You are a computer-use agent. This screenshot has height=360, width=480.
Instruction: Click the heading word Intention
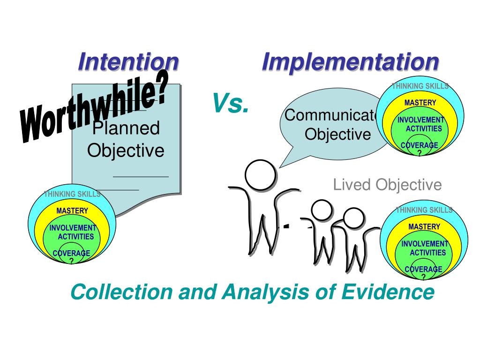[x=128, y=62]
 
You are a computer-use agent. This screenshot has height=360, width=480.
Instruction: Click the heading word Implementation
[x=350, y=62]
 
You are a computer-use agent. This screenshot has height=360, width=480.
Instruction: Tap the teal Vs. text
[x=230, y=104]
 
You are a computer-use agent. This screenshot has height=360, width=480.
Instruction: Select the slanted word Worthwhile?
[x=94, y=112]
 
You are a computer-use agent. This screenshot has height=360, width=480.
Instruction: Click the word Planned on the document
[x=126, y=128]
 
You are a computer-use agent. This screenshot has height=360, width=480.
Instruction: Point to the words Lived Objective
[x=387, y=185]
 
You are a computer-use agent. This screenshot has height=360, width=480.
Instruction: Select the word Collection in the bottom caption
[x=121, y=292]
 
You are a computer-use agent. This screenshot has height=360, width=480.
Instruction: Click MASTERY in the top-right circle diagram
[x=420, y=103]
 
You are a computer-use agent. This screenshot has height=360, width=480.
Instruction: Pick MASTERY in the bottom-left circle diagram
[x=72, y=211]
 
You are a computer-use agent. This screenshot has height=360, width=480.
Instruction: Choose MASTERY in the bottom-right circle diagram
[x=424, y=227]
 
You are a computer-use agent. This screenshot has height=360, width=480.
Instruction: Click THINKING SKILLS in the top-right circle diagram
[x=420, y=86]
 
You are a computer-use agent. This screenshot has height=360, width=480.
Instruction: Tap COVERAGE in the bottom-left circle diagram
[x=71, y=254]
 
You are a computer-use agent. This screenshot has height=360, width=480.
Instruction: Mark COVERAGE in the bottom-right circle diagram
[x=423, y=270]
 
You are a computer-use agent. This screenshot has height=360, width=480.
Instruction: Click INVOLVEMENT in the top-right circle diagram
[x=420, y=120]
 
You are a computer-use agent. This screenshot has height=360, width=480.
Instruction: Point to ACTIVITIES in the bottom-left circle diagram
[x=75, y=237]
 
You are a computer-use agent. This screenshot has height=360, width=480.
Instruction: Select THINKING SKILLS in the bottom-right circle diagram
[x=424, y=210]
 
